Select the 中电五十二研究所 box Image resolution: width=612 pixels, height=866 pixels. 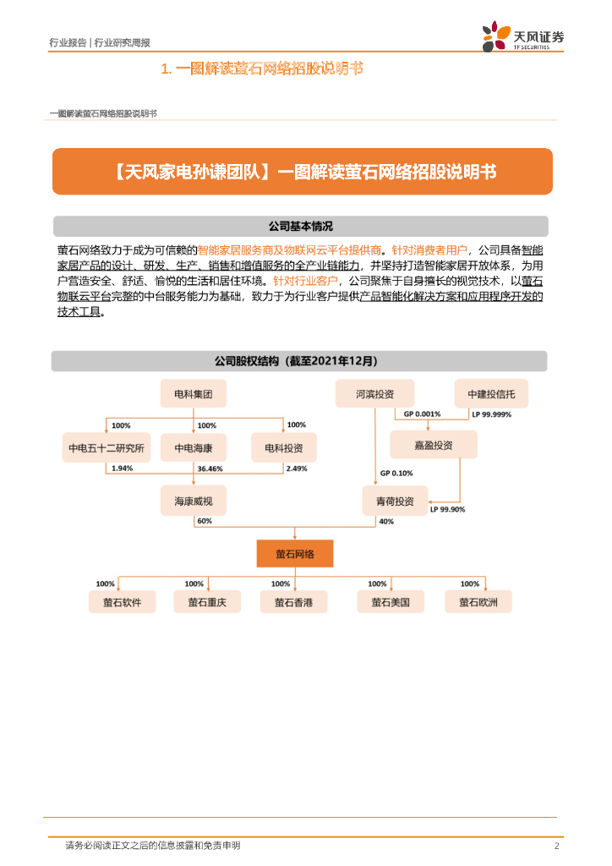point(106,447)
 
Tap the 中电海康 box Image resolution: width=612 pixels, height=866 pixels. point(194,447)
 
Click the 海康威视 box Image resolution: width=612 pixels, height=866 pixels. point(194,501)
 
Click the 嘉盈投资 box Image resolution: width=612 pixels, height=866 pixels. point(433,445)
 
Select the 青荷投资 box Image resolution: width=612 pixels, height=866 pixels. point(395,501)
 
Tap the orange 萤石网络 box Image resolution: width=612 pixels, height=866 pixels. point(295,554)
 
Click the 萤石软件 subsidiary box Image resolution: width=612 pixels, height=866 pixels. point(122,601)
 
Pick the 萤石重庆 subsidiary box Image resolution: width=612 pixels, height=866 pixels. point(207,601)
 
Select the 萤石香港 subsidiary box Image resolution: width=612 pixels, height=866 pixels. point(294,601)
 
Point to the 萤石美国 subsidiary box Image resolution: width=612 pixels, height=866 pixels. point(390,601)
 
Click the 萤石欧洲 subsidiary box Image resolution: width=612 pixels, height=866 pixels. point(478,601)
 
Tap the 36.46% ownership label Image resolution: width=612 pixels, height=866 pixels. point(210,468)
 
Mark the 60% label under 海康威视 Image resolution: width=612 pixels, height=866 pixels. point(204,522)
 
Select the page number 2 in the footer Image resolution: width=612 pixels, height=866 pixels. point(555,846)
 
